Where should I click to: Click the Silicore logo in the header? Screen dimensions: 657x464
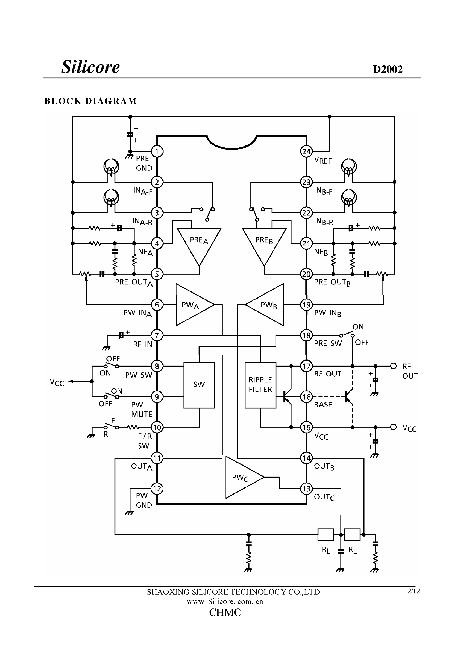(x=91, y=67)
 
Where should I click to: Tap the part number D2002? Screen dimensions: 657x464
(x=388, y=69)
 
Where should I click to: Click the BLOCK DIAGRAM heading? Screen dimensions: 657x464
(x=91, y=101)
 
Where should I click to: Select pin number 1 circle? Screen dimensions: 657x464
(x=157, y=151)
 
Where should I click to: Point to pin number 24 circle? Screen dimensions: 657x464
(x=306, y=151)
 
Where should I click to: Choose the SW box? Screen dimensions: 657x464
(x=199, y=385)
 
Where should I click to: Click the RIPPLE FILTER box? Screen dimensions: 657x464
(x=260, y=385)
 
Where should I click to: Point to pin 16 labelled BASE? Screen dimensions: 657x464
(x=306, y=397)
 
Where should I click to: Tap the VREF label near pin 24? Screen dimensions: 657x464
(x=323, y=160)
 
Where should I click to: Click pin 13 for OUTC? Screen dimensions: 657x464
(x=306, y=488)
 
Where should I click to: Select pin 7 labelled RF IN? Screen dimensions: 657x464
(x=157, y=335)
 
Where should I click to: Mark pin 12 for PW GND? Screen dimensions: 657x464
(x=157, y=488)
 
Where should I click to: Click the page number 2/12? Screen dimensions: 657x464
(x=413, y=591)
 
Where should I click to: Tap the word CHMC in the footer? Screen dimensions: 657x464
(x=225, y=613)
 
